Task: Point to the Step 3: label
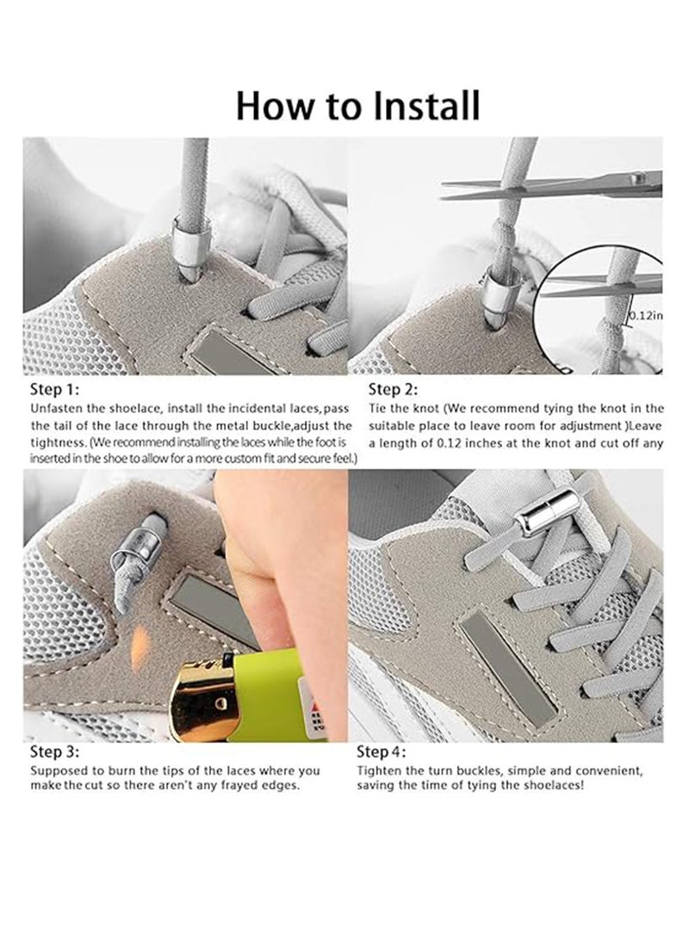(53, 751)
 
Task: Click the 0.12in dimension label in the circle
(646, 315)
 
